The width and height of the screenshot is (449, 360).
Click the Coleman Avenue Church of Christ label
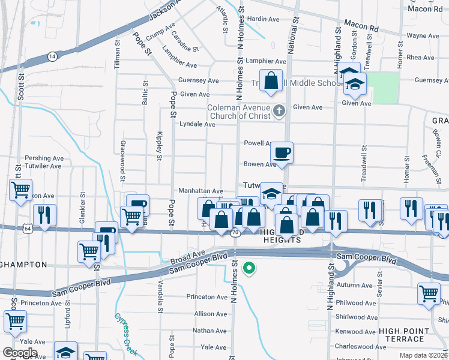(x=239, y=112)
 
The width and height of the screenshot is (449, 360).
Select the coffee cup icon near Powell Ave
(x=281, y=152)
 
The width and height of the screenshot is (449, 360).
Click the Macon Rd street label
(x=367, y=27)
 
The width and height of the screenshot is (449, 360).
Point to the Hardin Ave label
(x=264, y=19)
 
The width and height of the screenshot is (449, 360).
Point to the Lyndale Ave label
(x=197, y=124)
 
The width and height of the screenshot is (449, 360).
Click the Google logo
(x=20, y=353)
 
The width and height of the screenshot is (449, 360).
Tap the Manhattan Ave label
(x=200, y=190)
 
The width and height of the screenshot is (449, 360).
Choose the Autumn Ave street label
(x=355, y=285)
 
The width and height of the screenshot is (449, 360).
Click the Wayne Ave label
(x=423, y=36)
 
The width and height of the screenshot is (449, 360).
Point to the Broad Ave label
(x=188, y=256)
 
